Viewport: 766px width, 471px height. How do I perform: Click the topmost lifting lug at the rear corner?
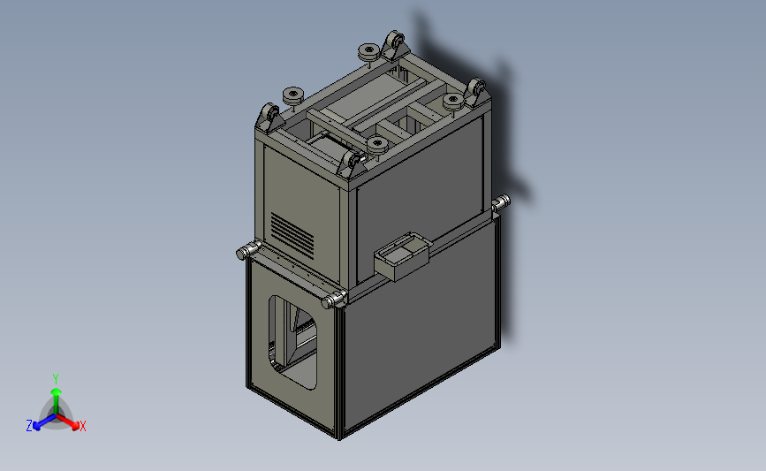coord(393,44)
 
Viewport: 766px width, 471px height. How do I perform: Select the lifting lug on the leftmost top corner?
coord(269,116)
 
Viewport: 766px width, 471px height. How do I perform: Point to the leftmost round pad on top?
coord(291,95)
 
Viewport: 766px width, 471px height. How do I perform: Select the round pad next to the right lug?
coord(453,100)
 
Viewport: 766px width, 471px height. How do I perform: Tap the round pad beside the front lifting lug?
coord(377,142)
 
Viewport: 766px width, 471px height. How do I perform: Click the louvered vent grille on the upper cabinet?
coord(293,232)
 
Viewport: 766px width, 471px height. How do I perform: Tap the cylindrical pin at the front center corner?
coord(334,300)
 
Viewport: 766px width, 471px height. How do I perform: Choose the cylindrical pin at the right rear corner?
coord(501,203)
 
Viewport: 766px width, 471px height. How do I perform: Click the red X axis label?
coord(82,427)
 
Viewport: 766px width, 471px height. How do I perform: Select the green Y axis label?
coord(55,378)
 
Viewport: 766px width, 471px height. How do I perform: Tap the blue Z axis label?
coord(29,426)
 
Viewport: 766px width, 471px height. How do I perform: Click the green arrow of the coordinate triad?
coord(55,395)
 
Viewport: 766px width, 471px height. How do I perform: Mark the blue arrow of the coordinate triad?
coord(41,422)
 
